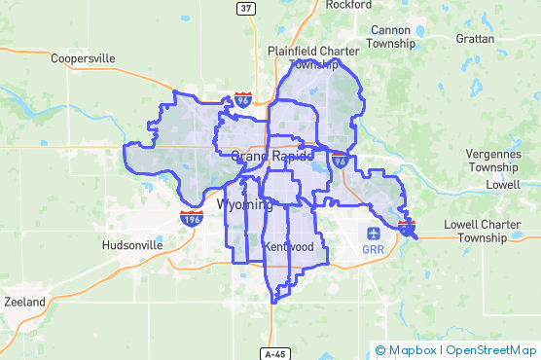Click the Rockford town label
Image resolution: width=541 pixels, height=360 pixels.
(x=348, y=5)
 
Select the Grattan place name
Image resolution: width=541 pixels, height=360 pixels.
(x=475, y=39)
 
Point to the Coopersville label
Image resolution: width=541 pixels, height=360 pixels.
(x=84, y=58)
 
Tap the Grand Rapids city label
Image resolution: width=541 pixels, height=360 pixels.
(x=271, y=156)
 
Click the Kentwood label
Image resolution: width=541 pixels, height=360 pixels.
(x=289, y=247)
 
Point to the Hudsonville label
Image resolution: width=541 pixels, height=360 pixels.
(x=132, y=246)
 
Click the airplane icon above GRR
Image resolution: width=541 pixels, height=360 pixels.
(x=372, y=233)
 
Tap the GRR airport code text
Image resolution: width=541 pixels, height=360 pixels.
(x=372, y=249)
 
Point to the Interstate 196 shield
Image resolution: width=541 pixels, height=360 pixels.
(x=192, y=218)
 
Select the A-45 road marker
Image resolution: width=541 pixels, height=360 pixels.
(x=276, y=351)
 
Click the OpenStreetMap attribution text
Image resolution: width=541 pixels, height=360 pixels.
(x=490, y=350)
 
